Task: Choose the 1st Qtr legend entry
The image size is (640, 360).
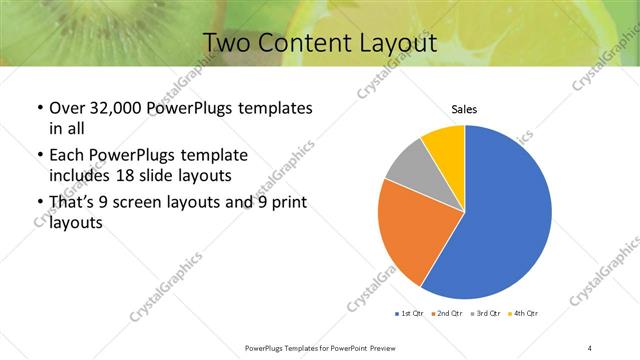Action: click(410, 314)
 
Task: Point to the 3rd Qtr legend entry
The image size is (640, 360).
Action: click(484, 314)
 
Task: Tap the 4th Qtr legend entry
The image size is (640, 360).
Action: click(524, 314)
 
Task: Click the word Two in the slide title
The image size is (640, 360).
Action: click(228, 43)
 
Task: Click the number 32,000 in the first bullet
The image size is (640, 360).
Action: click(116, 108)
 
